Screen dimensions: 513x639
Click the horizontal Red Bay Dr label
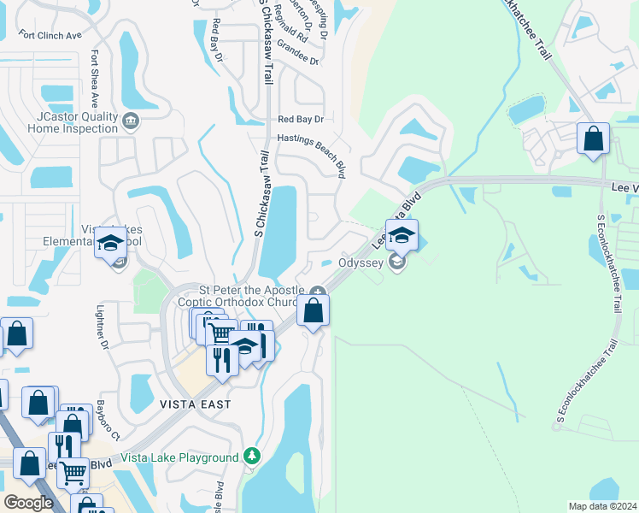coord(301,120)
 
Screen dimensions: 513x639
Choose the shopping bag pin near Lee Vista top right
coord(593,139)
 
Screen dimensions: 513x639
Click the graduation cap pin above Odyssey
coord(402,234)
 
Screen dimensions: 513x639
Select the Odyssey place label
coord(361,262)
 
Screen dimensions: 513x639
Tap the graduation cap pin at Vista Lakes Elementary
coord(111,243)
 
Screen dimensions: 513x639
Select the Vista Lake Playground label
coord(179,457)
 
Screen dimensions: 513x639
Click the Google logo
coord(29,503)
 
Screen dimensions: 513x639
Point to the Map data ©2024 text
coord(602,506)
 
